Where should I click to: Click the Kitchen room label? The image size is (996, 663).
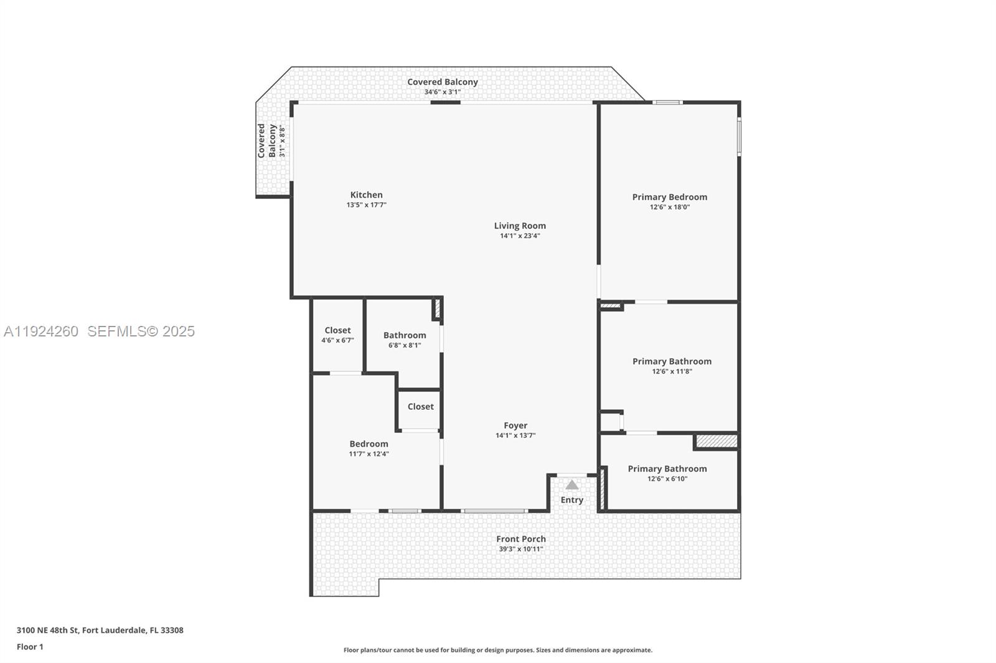coord(366,195)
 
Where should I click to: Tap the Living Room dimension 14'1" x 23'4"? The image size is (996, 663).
coord(520,236)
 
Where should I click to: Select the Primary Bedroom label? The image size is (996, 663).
coord(670,197)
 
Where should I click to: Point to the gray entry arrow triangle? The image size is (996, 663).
coord(572,484)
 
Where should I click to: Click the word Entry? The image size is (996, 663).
coord(572,500)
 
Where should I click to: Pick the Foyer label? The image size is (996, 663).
coord(515,426)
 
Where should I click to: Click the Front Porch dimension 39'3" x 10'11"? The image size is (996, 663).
coord(521,549)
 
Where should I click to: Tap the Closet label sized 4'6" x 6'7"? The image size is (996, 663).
coord(337,331)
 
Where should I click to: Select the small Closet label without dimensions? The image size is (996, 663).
coord(421,407)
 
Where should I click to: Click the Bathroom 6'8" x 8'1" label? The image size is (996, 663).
coord(405,336)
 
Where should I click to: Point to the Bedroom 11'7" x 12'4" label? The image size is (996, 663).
coord(369,444)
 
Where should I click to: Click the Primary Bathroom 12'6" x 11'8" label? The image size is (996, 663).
coord(672,362)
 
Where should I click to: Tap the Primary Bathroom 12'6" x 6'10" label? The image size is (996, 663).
coord(667,470)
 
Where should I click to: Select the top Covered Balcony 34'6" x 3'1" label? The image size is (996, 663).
coord(443,83)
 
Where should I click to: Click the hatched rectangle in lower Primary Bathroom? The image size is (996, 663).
coord(716,441)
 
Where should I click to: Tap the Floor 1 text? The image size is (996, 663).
coord(30,647)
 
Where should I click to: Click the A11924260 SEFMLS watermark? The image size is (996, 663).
coord(100,331)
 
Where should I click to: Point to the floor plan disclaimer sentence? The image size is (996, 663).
coord(498,650)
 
